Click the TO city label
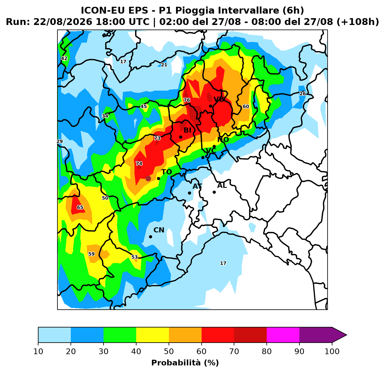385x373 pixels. point(166,172)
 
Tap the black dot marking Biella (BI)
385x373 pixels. point(181,137)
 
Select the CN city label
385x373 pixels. point(159,230)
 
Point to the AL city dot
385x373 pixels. point(214,192)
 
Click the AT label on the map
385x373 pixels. point(197,186)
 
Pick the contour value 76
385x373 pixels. point(187,100)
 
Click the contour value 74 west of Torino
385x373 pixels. point(139,163)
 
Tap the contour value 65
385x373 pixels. point(80,207)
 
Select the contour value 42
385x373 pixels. point(64,59)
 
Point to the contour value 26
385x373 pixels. point(303,94)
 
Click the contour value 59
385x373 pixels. point(91,254)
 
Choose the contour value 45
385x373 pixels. point(144,107)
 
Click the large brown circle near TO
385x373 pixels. point(148,178)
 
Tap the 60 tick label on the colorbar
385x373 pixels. point(201,351)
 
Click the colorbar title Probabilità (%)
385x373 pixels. point(185,363)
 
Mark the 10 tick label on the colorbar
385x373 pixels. point(38,351)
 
